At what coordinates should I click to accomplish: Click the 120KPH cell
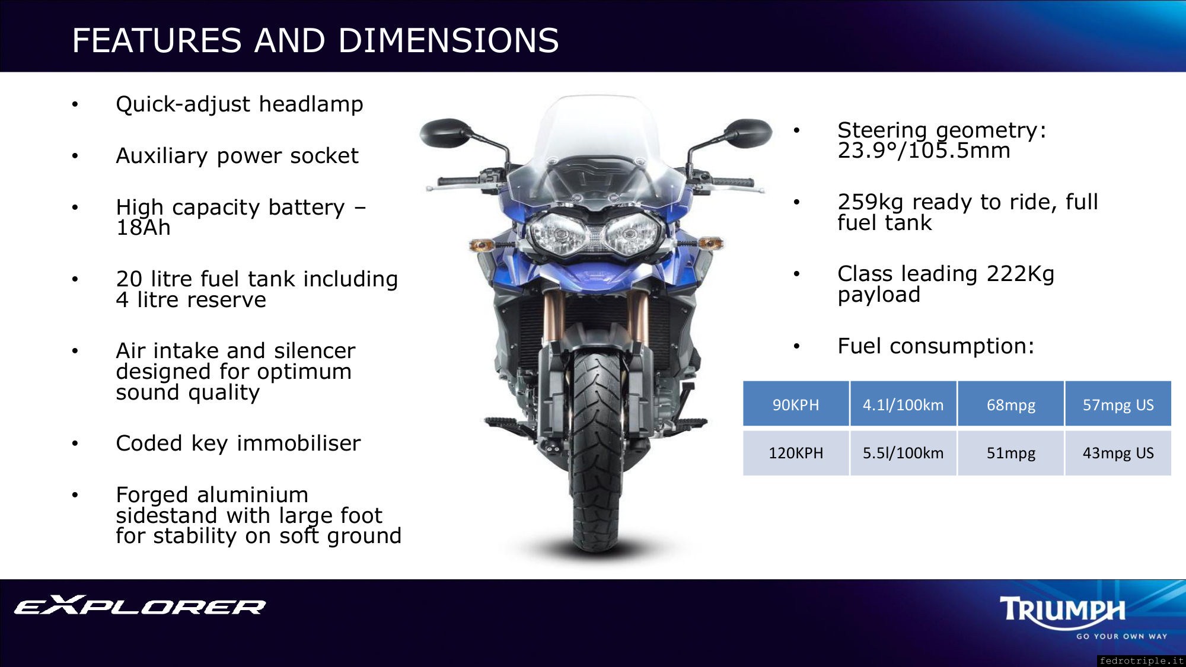click(796, 453)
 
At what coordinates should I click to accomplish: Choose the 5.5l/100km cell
click(903, 453)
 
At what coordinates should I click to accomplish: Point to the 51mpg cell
click(1010, 453)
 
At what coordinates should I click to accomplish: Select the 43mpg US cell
click(1118, 453)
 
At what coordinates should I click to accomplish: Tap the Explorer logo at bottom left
click(140, 605)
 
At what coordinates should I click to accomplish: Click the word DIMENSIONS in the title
click(448, 40)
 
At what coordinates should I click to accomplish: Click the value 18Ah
click(143, 228)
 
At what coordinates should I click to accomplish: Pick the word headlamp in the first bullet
click(311, 105)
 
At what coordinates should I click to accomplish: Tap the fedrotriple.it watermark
click(1142, 660)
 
